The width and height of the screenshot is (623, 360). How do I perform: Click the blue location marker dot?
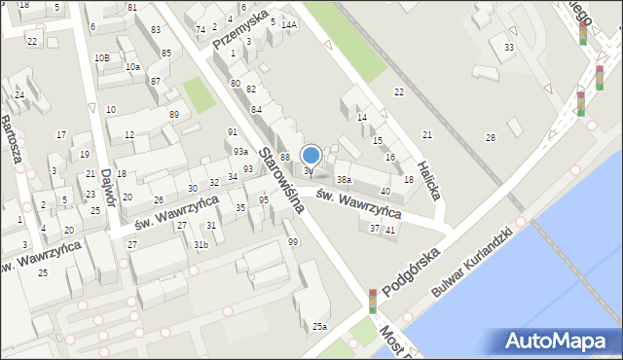click(x=311, y=155)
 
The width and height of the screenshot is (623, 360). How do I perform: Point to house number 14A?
click(x=288, y=25)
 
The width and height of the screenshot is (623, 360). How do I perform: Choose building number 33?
click(x=508, y=47)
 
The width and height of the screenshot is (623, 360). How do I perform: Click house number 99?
click(x=293, y=241)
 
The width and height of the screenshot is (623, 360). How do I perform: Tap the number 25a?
click(x=319, y=326)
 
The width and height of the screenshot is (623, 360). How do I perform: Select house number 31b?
click(x=200, y=244)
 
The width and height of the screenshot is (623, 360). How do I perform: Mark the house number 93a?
click(x=239, y=151)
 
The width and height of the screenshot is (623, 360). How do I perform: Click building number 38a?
click(x=344, y=180)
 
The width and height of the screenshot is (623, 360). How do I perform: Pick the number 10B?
click(x=101, y=57)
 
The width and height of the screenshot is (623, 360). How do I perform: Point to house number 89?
click(x=174, y=115)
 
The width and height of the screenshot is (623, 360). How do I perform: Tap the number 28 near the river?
click(x=490, y=137)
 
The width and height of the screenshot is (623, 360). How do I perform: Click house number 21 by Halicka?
click(x=426, y=134)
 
